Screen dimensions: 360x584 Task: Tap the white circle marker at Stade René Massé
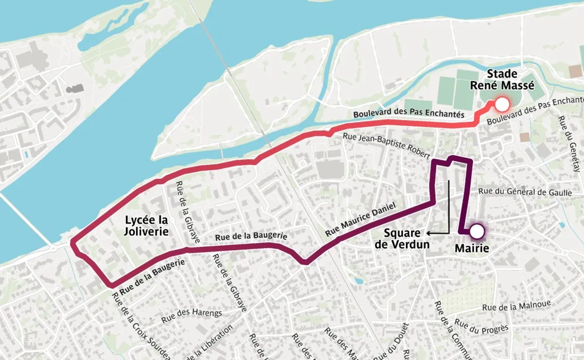501,104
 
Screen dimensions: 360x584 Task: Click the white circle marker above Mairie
477,232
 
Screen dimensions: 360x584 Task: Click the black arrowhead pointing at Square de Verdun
430,233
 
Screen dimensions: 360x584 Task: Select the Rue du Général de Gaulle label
525,192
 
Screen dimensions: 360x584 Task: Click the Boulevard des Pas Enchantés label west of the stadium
409,115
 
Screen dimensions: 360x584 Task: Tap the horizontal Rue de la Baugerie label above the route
251,236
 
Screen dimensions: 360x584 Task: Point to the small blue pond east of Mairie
562,225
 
